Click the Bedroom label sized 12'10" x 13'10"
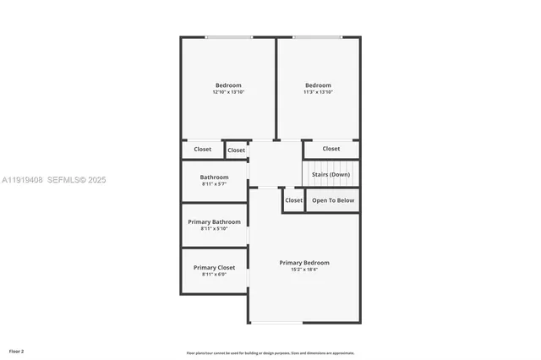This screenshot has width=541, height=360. point(228,85)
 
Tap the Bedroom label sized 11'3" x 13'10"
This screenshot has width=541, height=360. point(318,85)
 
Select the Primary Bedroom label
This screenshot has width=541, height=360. point(304,263)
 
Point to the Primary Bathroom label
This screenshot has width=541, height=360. point(214,222)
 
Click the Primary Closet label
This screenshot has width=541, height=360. point(214,268)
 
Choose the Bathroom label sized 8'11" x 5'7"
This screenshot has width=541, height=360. point(214,177)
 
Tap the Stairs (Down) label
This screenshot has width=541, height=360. point(331,174)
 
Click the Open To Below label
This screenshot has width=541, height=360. point(333,200)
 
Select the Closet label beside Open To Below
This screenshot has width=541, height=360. point(293,200)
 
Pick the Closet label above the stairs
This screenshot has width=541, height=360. point(331,149)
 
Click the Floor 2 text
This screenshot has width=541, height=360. point(17,351)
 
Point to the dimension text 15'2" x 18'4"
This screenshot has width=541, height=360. point(304,270)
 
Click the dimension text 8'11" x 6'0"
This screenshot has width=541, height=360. point(214,275)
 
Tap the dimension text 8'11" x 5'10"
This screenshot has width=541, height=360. point(214,229)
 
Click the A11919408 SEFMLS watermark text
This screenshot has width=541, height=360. point(53,180)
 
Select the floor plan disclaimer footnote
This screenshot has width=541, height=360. point(270,353)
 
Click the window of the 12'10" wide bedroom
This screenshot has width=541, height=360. point(229,37)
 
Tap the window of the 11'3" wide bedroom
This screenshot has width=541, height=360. point(318,37)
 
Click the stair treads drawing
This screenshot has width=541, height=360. point(331,172)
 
